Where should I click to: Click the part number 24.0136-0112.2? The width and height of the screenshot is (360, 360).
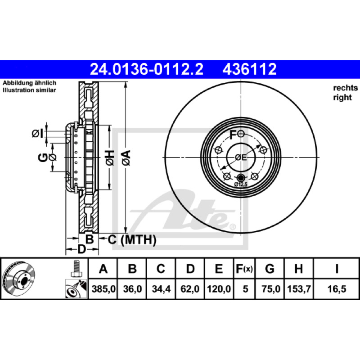point(147,69)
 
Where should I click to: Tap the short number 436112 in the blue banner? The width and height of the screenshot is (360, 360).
point(250,69)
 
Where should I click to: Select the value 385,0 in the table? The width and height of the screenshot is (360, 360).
point(103,289)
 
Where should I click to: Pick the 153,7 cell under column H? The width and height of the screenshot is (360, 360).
point(299,289)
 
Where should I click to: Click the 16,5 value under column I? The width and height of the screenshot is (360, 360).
point(337,289)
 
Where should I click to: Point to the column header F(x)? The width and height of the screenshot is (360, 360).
point(244,269)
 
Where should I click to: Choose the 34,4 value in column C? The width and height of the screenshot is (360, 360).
point(161,289)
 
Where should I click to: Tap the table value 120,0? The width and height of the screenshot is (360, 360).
point(219,289)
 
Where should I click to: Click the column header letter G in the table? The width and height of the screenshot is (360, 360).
point(270,269)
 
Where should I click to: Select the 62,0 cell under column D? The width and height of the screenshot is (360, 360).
point(190,289)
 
